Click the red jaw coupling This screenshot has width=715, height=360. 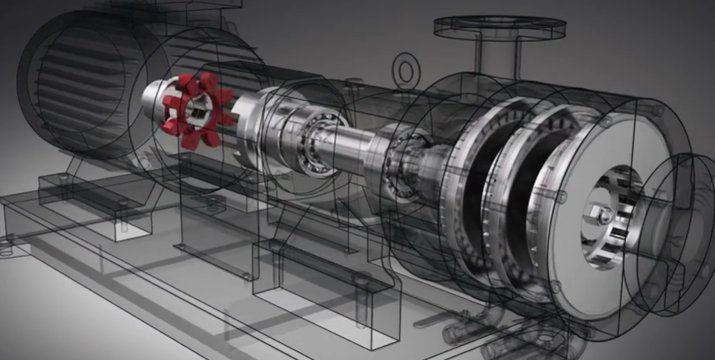tap(190, 109)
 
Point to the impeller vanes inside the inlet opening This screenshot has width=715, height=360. tap(616, 226)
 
